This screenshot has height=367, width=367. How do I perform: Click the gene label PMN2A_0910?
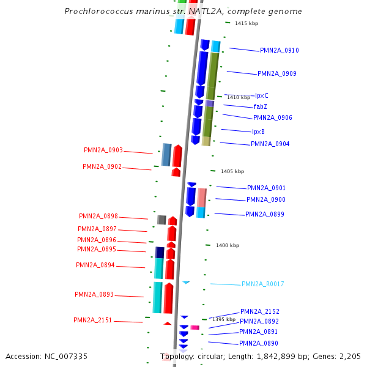click(279, 50)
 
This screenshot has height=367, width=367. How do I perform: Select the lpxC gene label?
click(261, 96)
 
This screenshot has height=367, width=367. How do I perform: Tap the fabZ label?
click(260, 106)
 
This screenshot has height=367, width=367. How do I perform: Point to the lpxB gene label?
click(258, 132)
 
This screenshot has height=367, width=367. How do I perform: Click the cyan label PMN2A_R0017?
click(262, 284)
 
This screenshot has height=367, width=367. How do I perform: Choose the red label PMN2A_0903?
click(103, 150)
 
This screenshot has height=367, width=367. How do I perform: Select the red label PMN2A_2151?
click(92, 320)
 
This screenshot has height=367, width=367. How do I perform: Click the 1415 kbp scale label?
click(247, 23)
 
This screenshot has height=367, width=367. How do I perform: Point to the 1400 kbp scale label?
click(228, 245)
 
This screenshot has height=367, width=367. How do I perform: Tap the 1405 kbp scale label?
click(232, 171)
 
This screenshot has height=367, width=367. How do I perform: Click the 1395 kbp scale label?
click(223, 319)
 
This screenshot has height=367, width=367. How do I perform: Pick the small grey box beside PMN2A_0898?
click(161, 220)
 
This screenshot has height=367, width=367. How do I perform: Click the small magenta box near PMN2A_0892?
click(195, 328)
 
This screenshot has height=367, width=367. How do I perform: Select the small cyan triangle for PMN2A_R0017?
click(186, 282)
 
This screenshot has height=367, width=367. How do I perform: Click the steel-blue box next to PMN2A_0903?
click(166, 155)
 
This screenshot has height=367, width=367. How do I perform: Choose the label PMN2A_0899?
click(264, 214)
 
